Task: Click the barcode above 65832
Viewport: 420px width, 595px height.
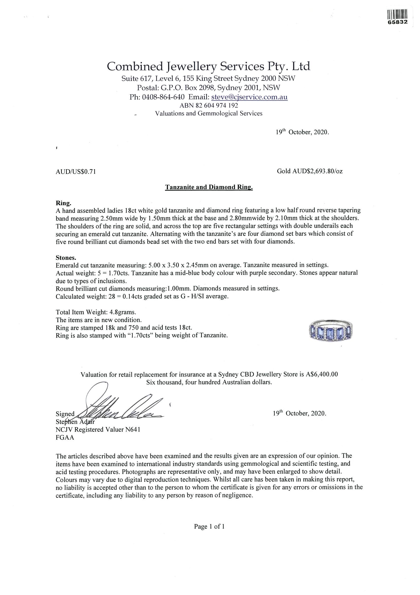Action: pos(397,14)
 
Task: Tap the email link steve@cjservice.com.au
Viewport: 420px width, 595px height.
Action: pos(249,97)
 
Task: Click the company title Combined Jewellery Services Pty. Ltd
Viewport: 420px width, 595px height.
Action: pos(208,67)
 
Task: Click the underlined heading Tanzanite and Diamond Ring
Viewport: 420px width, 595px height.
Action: pos(209,187)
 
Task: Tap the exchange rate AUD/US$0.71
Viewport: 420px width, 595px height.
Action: pos(76,172)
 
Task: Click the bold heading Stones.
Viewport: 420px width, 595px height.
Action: pos(66,258)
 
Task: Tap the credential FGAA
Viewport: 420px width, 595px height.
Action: pos(65,437)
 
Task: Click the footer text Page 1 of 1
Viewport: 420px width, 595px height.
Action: pos(209,526)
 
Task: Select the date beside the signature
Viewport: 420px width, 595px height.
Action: pos(299,413)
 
